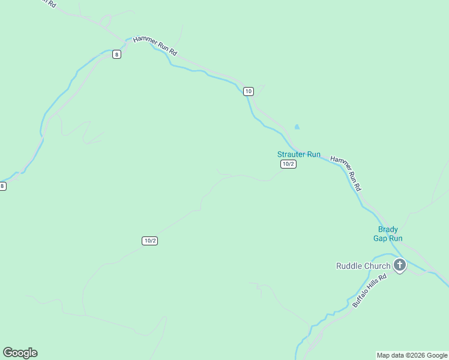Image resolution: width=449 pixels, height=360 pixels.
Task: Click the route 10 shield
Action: point(249,91)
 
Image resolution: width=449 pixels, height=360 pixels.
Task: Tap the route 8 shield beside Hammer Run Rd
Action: point(116,54)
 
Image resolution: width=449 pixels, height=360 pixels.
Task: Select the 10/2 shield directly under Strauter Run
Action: point(288,164)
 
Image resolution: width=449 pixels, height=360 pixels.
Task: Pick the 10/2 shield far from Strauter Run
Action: point(150,241)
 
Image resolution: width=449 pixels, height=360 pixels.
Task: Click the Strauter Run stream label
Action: point(298,154)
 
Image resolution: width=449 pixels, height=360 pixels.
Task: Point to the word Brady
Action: point(388,229)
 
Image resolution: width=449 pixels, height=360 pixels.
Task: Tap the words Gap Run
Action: point(388,238)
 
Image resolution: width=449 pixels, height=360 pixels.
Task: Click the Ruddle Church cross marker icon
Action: point(400,265)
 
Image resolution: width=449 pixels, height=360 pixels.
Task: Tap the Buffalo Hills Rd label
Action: point(366,292)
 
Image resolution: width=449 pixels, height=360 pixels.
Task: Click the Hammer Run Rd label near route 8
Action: point(155,45)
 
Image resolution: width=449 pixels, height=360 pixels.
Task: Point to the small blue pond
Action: point(297,127)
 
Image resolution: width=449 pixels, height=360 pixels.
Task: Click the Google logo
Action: point(20,353)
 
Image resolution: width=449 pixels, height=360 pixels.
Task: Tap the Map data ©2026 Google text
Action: point(412,355)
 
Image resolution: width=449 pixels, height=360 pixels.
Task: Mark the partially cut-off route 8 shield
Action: point(2,186)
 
